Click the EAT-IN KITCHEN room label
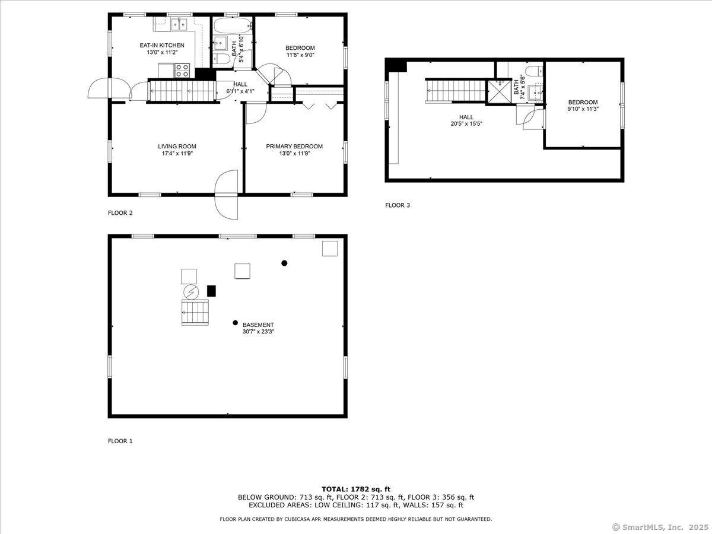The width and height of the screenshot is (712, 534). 162,46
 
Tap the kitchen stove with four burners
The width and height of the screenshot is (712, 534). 182,71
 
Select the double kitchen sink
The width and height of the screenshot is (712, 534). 179,25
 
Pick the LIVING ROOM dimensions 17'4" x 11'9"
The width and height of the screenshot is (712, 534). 177,153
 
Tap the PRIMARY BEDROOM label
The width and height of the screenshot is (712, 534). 294,147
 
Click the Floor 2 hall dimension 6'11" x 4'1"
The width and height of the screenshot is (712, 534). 240,91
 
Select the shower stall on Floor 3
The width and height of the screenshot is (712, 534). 500,92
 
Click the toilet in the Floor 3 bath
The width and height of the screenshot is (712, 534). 534,71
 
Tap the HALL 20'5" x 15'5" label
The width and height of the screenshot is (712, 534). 466,120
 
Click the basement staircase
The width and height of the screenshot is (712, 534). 195,312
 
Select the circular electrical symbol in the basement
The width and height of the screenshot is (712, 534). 191,292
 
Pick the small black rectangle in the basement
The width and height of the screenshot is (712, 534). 211,291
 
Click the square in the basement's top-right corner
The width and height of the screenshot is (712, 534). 329,249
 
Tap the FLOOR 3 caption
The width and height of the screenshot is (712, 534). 398,205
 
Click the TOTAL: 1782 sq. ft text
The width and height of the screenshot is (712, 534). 356,490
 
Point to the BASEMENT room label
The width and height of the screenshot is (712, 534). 258,325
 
